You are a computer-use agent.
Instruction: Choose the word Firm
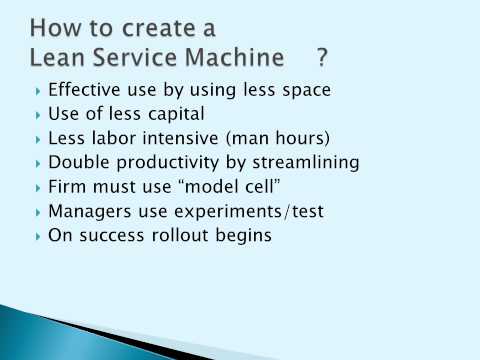(x=67, y=187)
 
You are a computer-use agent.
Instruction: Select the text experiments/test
(x=241, y=211)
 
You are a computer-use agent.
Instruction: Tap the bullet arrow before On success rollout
(x=38, y=236)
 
